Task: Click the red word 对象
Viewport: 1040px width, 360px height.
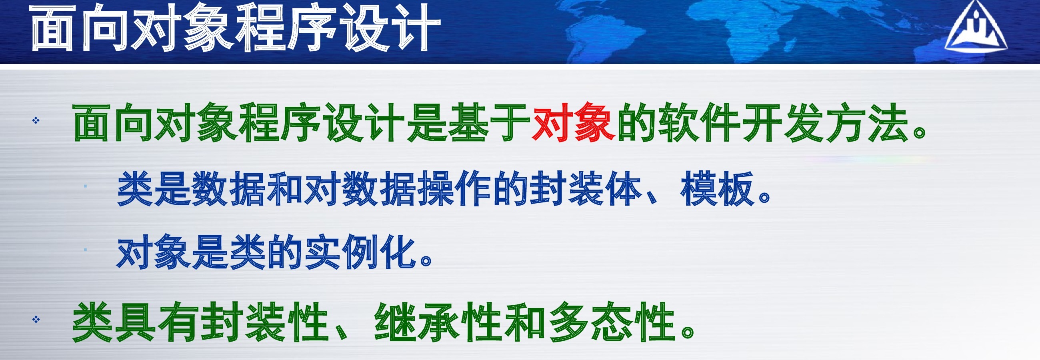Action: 574,122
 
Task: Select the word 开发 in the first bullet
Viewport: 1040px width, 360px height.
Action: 782,122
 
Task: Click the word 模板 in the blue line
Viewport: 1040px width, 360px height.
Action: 717,189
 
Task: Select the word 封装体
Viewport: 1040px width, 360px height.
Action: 586,189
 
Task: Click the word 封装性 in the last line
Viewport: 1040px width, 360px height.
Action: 264,322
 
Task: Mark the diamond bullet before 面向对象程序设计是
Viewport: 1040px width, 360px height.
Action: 36,120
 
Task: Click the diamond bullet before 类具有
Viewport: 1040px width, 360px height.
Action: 36,320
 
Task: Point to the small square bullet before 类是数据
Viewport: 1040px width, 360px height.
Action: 85,186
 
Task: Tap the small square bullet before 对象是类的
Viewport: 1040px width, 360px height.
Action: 85,250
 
